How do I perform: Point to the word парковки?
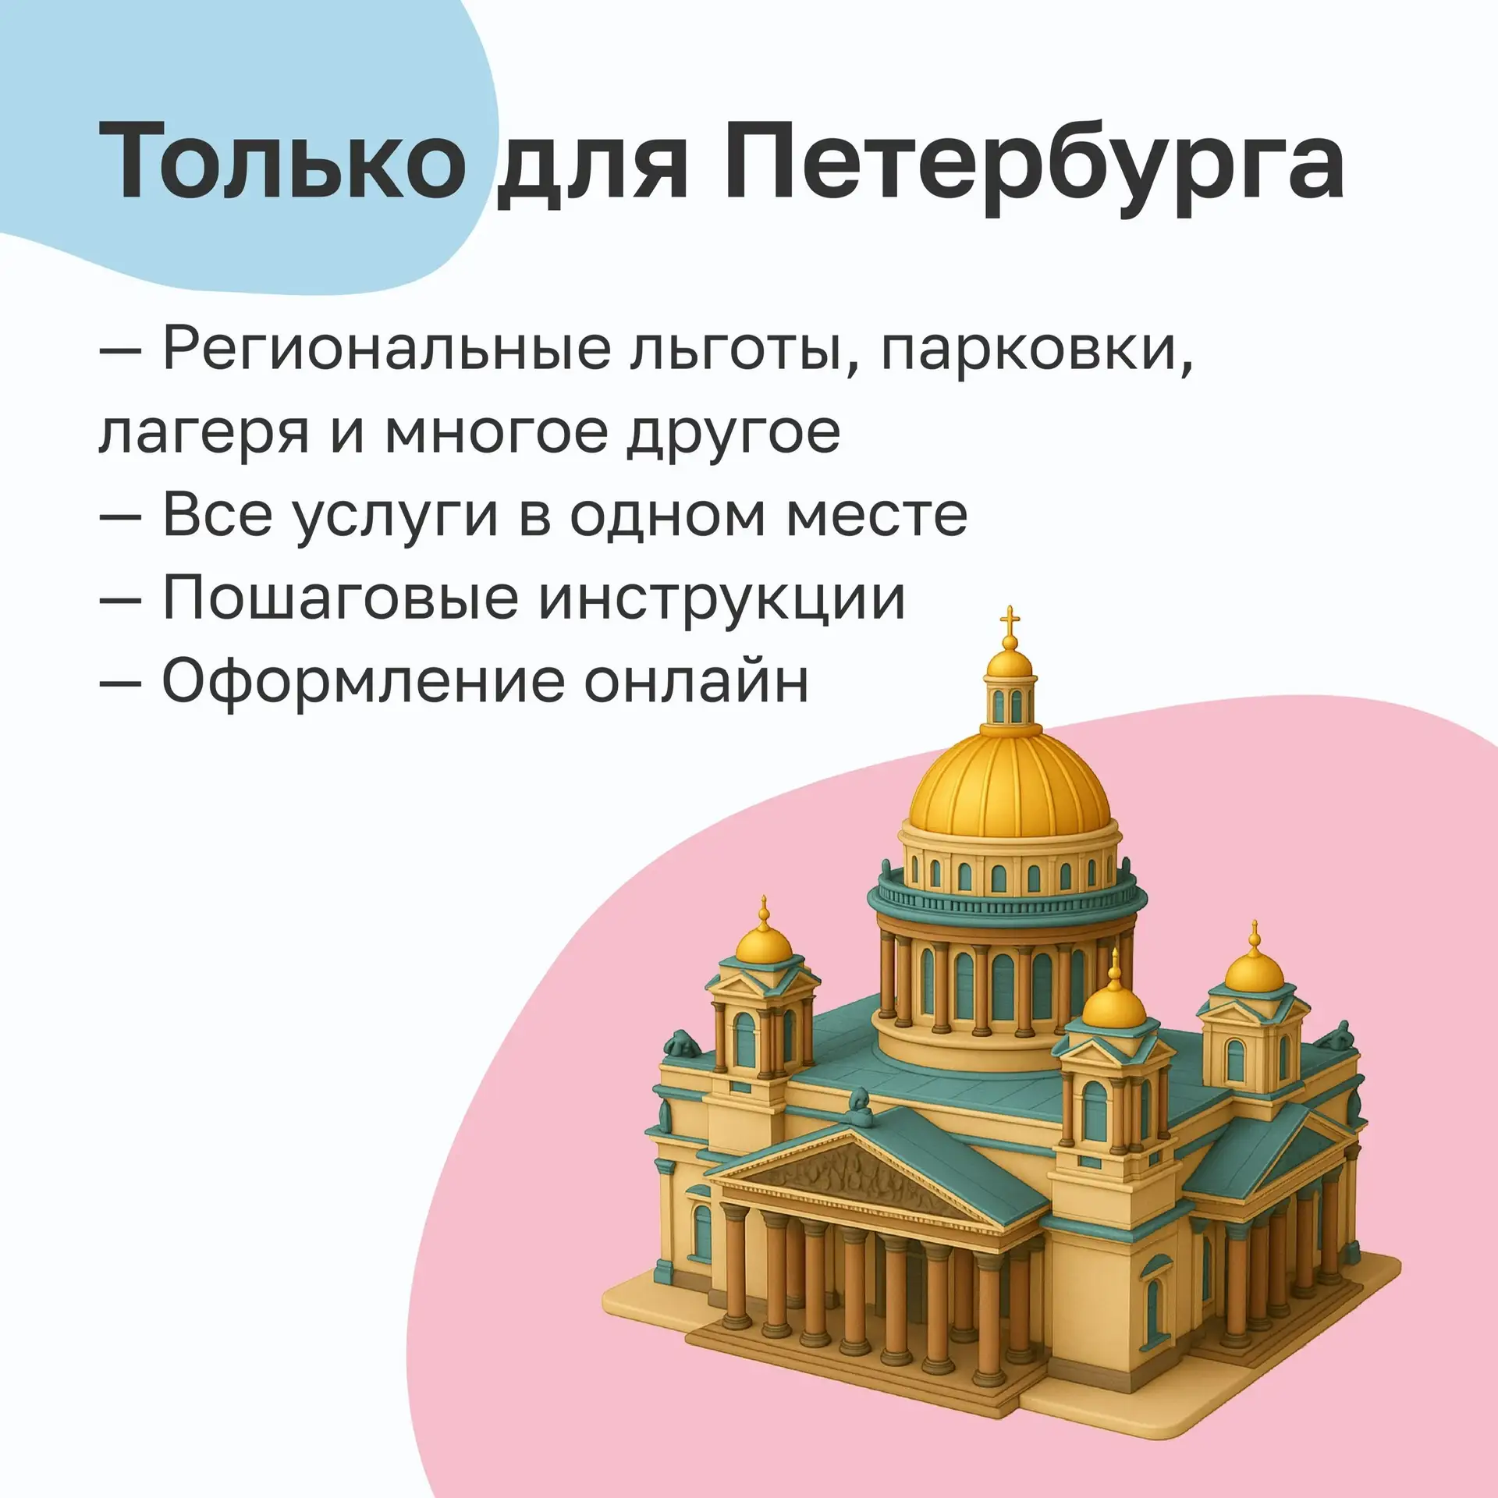point(1038,355)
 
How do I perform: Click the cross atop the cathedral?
point(1010,621)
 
